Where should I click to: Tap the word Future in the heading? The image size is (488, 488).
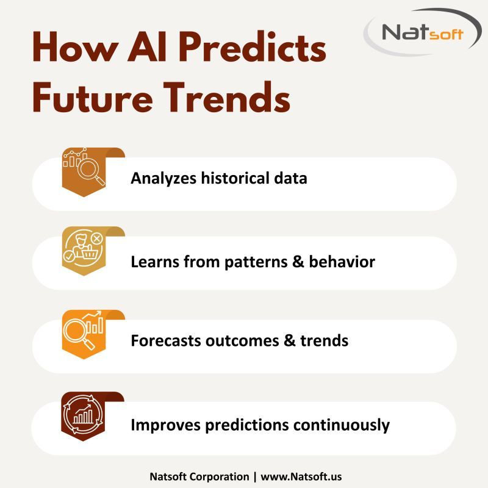(x=90, y=98)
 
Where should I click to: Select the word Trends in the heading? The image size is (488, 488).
(x=225, y=98)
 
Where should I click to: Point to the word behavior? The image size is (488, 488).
(x=342, y=262)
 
